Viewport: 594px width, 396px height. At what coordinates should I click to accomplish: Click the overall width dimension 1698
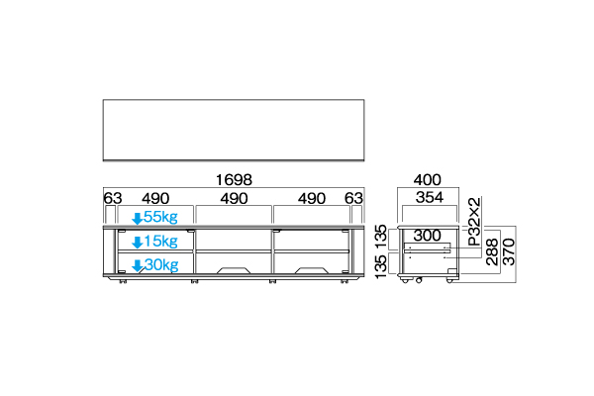point(234,179)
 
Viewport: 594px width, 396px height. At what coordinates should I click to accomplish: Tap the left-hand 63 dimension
point(113,198)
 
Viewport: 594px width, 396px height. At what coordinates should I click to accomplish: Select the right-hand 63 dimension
point(353,198)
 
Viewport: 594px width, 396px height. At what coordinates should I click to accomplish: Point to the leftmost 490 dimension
point(155,198)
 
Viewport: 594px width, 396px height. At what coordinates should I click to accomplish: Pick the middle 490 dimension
point(234,198)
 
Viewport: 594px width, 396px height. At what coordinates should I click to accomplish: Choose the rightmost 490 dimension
point(312,198)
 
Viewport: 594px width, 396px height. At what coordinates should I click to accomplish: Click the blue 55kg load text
point(160,217)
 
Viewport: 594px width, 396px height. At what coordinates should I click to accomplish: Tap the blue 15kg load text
point(160,241)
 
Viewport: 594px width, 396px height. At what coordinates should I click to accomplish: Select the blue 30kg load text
point(161,265)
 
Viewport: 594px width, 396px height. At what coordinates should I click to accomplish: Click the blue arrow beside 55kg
point(138,218)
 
